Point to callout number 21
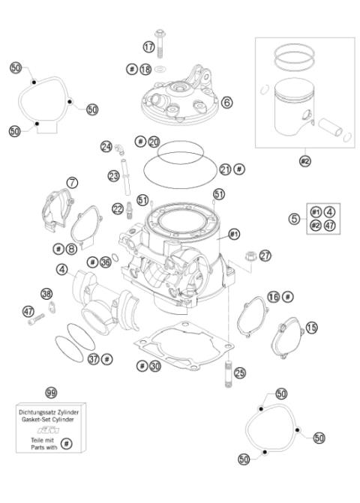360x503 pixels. pos(224,169)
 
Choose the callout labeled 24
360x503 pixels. pos(106,145)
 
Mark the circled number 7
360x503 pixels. pos(71,182)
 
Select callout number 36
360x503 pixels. pos(106,262)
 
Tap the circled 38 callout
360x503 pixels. pos(46,293)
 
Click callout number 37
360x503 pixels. pos(94,359)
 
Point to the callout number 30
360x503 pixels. pos(154,366)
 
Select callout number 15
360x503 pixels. pos(311,327)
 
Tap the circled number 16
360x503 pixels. pos(274,298)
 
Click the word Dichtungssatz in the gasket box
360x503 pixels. pos(38,412)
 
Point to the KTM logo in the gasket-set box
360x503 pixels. pos(52,432)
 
